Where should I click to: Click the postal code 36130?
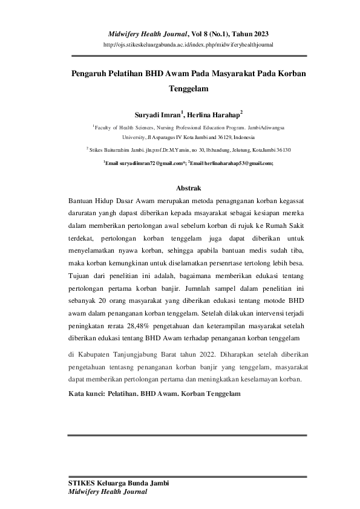click(283, 149)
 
